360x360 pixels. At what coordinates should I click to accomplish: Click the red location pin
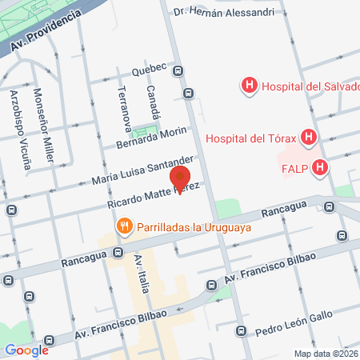coord(182,178)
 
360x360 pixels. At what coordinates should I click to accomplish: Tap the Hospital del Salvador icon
coord(250,84)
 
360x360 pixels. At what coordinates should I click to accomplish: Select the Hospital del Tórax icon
coord(307,138)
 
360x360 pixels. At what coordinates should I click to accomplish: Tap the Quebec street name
coord(158,68)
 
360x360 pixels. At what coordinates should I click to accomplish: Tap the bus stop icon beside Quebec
coord(188,92)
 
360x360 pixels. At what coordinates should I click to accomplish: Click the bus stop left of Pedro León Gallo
coord(241,330)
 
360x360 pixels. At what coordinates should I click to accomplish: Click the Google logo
coord(26,350)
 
